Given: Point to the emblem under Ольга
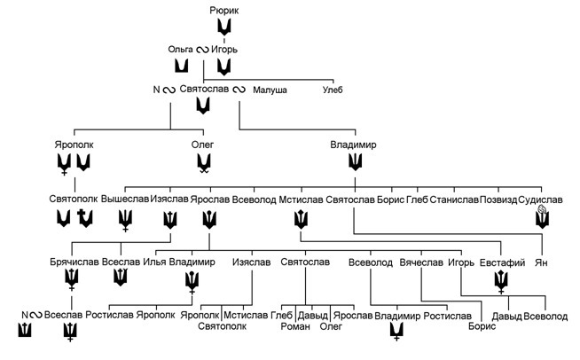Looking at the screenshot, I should tap(181, 67).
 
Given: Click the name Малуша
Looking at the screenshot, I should tap(270, 90).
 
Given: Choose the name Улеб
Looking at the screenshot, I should tap(333, 90).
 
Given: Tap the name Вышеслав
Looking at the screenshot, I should tap(124, 200).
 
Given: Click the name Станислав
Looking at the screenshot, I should tap(454, 200).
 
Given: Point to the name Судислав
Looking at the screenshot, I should tap(541, 200).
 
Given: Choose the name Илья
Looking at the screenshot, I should tap(154, 263).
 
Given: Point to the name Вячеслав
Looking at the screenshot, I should tap(420, 263).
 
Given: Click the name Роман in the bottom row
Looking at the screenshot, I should tap(283, 325).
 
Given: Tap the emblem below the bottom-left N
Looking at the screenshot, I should tap(24, 333).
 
